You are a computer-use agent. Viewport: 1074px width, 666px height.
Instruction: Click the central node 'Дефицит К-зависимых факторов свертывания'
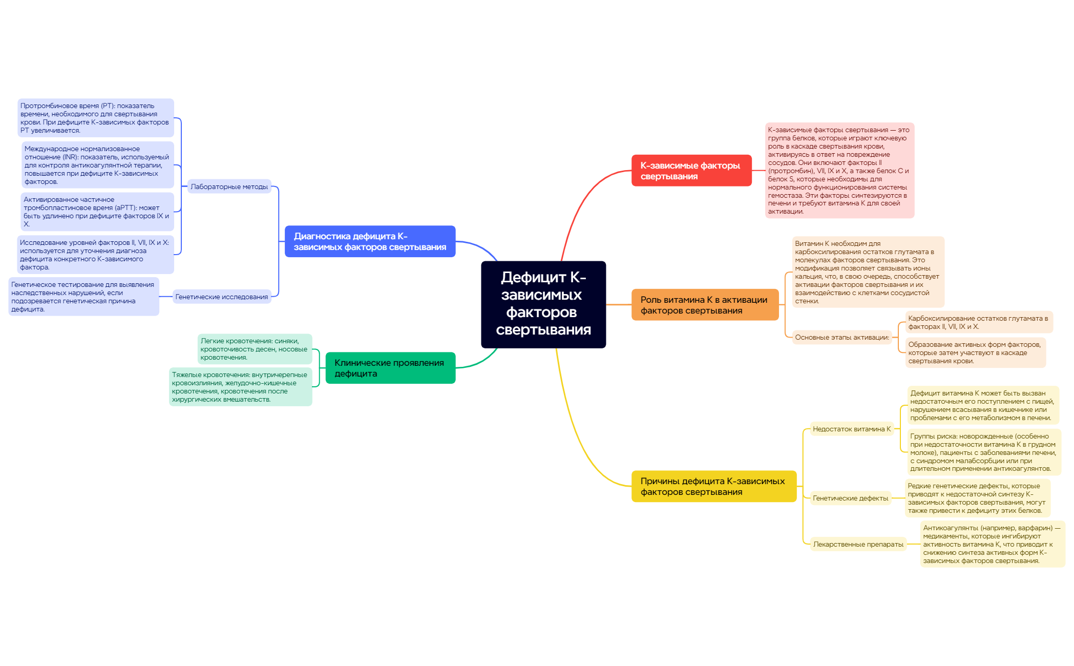[x=543, y=304]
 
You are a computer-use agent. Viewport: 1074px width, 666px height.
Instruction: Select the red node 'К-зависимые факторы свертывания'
[x=691, y=171]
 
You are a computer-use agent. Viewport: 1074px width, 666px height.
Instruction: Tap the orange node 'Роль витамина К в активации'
[x=705, y=305]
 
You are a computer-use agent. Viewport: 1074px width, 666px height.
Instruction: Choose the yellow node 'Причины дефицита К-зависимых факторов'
[x=713, y=486]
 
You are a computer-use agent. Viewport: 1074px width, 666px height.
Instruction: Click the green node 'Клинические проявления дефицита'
[x=390, y=368]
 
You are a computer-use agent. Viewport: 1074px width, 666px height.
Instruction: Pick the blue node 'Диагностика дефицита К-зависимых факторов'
[x=370, y=241]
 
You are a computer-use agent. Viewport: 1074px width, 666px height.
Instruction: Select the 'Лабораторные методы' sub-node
[x=229, y=186]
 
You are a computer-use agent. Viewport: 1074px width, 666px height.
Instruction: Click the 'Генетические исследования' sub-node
[x=221, y=297]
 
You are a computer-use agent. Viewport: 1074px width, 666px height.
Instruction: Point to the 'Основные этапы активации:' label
[x=842, y=337]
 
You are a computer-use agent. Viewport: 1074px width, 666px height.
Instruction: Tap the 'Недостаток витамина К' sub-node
[x=852, y=429]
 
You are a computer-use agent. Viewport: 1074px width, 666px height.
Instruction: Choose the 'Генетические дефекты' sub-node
[x=850, y=498]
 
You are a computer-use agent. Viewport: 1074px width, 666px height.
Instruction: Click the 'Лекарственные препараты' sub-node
[x=858, y=544]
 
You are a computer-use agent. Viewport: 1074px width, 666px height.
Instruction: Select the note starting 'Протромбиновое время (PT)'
[x=96, y=118]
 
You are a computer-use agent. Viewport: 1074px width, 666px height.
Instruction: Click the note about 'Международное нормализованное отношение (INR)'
[x=97, y=165]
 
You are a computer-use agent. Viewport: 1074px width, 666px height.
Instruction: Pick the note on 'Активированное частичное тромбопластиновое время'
[x=97, y=212]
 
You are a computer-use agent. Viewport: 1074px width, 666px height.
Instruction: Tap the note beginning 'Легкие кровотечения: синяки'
[x=255, y=349]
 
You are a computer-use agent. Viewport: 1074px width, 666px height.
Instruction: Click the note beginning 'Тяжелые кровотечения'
[x=240, y=387]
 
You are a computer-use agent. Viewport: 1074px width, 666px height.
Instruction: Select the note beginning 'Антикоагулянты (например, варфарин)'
[x=992, y=544]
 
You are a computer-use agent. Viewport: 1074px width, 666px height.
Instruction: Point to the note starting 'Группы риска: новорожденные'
[x=983, y=452]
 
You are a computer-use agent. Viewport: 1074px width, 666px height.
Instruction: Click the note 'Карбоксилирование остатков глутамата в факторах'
[x=978, y=322]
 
